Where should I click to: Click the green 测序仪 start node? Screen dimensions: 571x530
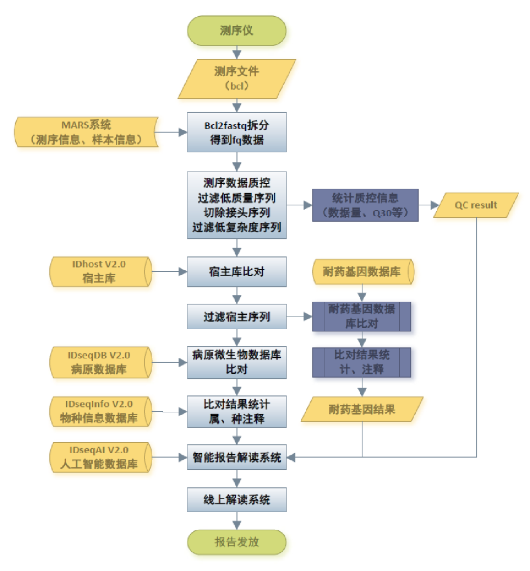[x=237, y=30]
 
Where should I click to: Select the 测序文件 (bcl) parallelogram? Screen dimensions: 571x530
[x=237, y=79]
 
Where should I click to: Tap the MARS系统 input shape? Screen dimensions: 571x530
[x=86, y=132]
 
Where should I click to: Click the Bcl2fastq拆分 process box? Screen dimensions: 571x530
[x=237, y=132]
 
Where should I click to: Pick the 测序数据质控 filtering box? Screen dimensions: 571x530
[x=237, y=205]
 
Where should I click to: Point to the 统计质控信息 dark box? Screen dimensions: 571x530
[x=365, y=205]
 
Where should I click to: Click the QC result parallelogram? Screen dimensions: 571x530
[x=476, y=205]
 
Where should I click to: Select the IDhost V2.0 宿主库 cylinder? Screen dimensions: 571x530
[x=100, y=271]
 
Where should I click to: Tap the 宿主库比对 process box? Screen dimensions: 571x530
[x=237, y=271]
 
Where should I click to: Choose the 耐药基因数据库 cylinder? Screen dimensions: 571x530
[x=362, y=272]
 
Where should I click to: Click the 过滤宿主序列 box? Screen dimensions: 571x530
[x=237, y=317]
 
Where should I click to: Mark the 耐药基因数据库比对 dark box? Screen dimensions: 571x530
[x=362, y=316]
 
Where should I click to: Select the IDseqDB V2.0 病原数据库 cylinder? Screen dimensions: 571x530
[x=100, y=363]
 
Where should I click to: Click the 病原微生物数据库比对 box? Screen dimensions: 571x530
[x=237, y=363]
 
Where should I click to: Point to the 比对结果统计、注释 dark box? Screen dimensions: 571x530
[x=362, y=362]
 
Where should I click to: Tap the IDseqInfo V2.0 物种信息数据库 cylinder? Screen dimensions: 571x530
[x=100, y=411]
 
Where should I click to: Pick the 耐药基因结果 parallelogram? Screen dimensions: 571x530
[x=362, y=409]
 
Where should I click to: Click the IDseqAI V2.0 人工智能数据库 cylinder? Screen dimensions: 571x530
[x=100, y=457]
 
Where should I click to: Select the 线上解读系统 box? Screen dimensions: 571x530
[x=237, y=500]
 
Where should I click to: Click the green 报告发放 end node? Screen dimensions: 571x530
[x=237, y=542]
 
